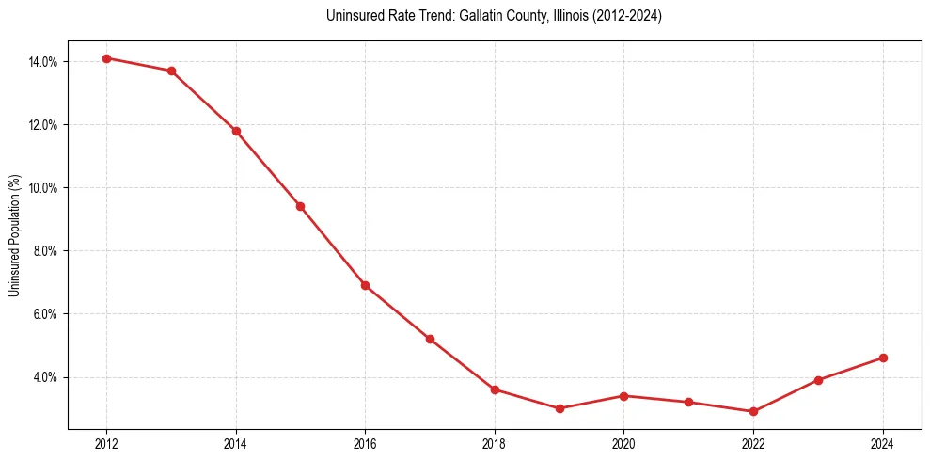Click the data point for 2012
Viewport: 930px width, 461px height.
106,58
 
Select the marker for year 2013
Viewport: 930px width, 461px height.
171,71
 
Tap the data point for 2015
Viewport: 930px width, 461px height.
300,206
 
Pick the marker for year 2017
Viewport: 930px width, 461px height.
430,339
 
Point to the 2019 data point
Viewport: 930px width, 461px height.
560,408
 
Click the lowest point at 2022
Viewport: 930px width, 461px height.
753,411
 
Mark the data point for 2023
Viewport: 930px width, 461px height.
818,380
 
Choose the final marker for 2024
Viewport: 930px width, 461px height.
883,358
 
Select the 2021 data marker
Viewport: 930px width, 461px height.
688,402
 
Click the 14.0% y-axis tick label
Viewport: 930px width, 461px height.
43,62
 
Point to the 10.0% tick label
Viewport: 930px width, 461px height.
43,188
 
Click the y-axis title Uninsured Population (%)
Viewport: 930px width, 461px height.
14,235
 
